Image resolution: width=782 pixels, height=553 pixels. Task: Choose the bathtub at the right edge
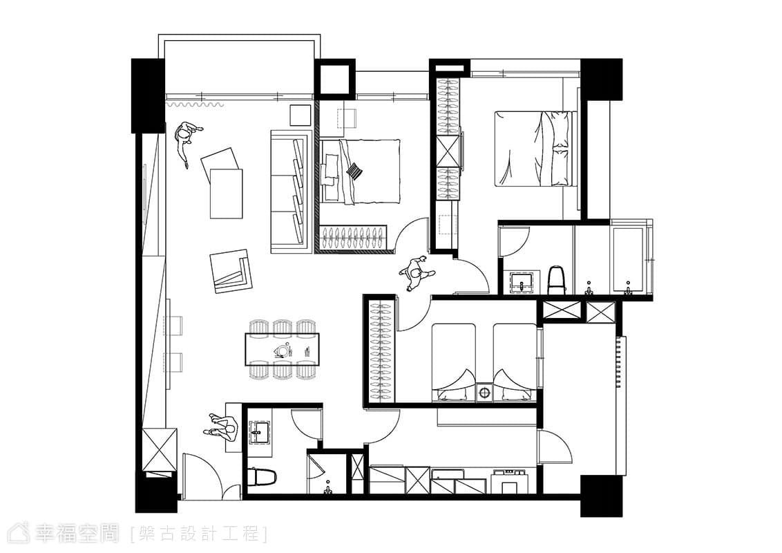click(x=631, y=259)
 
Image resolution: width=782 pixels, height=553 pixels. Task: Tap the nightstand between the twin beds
click(x=484, y=392)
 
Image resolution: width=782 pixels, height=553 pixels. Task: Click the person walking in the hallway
click(x=417, y=274)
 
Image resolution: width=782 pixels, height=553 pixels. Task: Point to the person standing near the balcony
click(x=187, y=141)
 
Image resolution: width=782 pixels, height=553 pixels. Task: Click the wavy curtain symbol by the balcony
click(x=195, y=105)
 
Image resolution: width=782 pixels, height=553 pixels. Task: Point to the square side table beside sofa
click(x=301, y=115)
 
